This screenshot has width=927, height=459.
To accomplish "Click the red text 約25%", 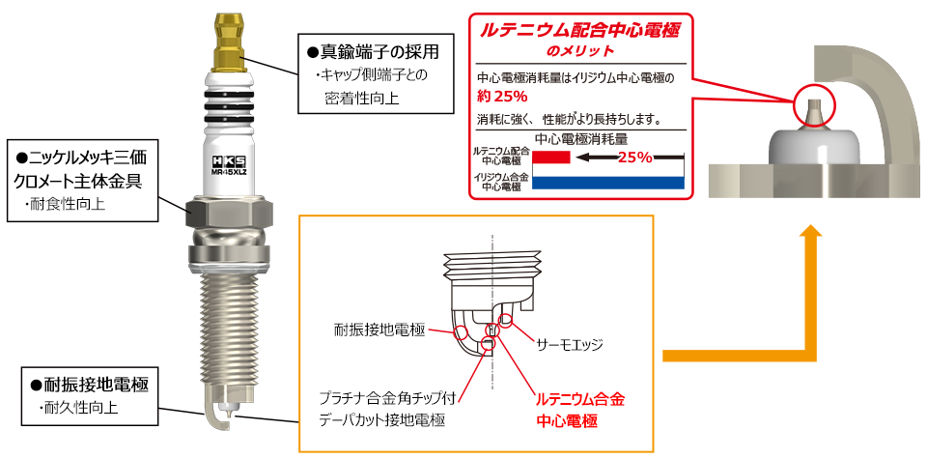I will point(502,97).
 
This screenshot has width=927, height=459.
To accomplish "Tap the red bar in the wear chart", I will point(552,157).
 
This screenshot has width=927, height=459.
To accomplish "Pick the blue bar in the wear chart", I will point(608,182).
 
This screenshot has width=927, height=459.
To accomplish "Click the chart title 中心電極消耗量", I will point(580,138).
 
